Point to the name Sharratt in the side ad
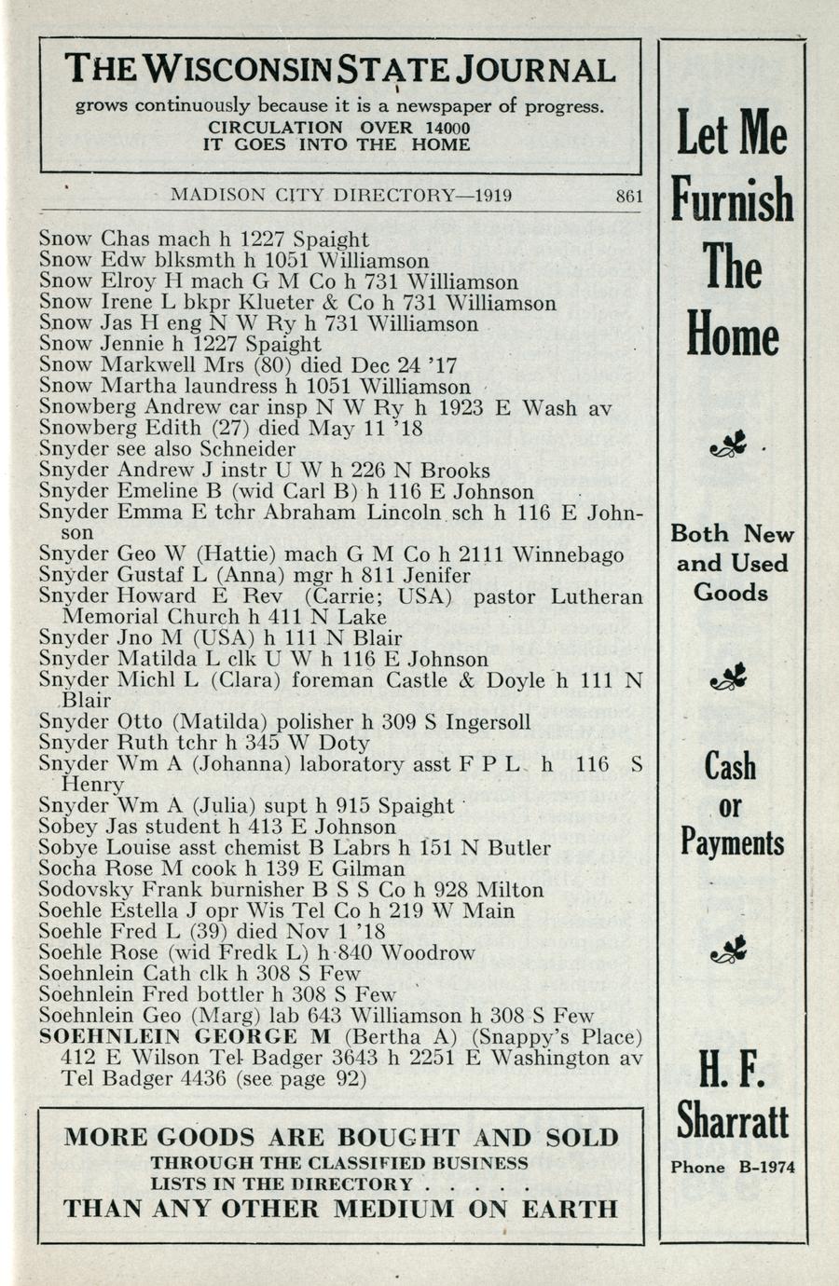[733, 1121]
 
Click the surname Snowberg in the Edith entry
[86, 428]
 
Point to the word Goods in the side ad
[731, 593]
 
